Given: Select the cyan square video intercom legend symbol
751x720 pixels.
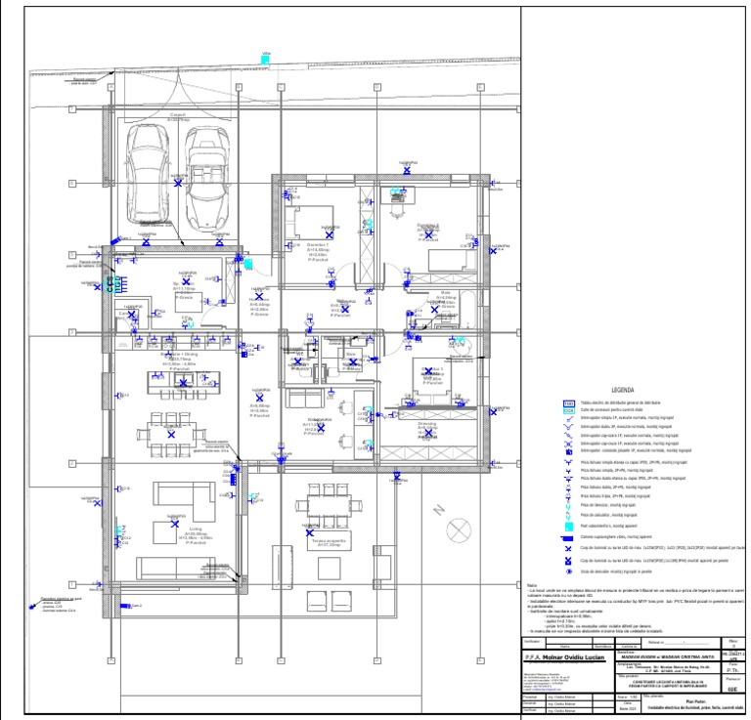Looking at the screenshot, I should (567, 527).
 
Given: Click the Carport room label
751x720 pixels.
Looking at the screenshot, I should (178, 116).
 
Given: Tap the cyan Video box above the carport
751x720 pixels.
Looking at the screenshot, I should (265, 61).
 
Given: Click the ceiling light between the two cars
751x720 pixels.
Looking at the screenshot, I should (178, 183).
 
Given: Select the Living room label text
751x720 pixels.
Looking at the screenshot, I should (196, 533).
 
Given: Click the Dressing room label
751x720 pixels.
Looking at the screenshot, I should (427, 427).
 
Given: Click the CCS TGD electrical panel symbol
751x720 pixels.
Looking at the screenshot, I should (110, 284).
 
